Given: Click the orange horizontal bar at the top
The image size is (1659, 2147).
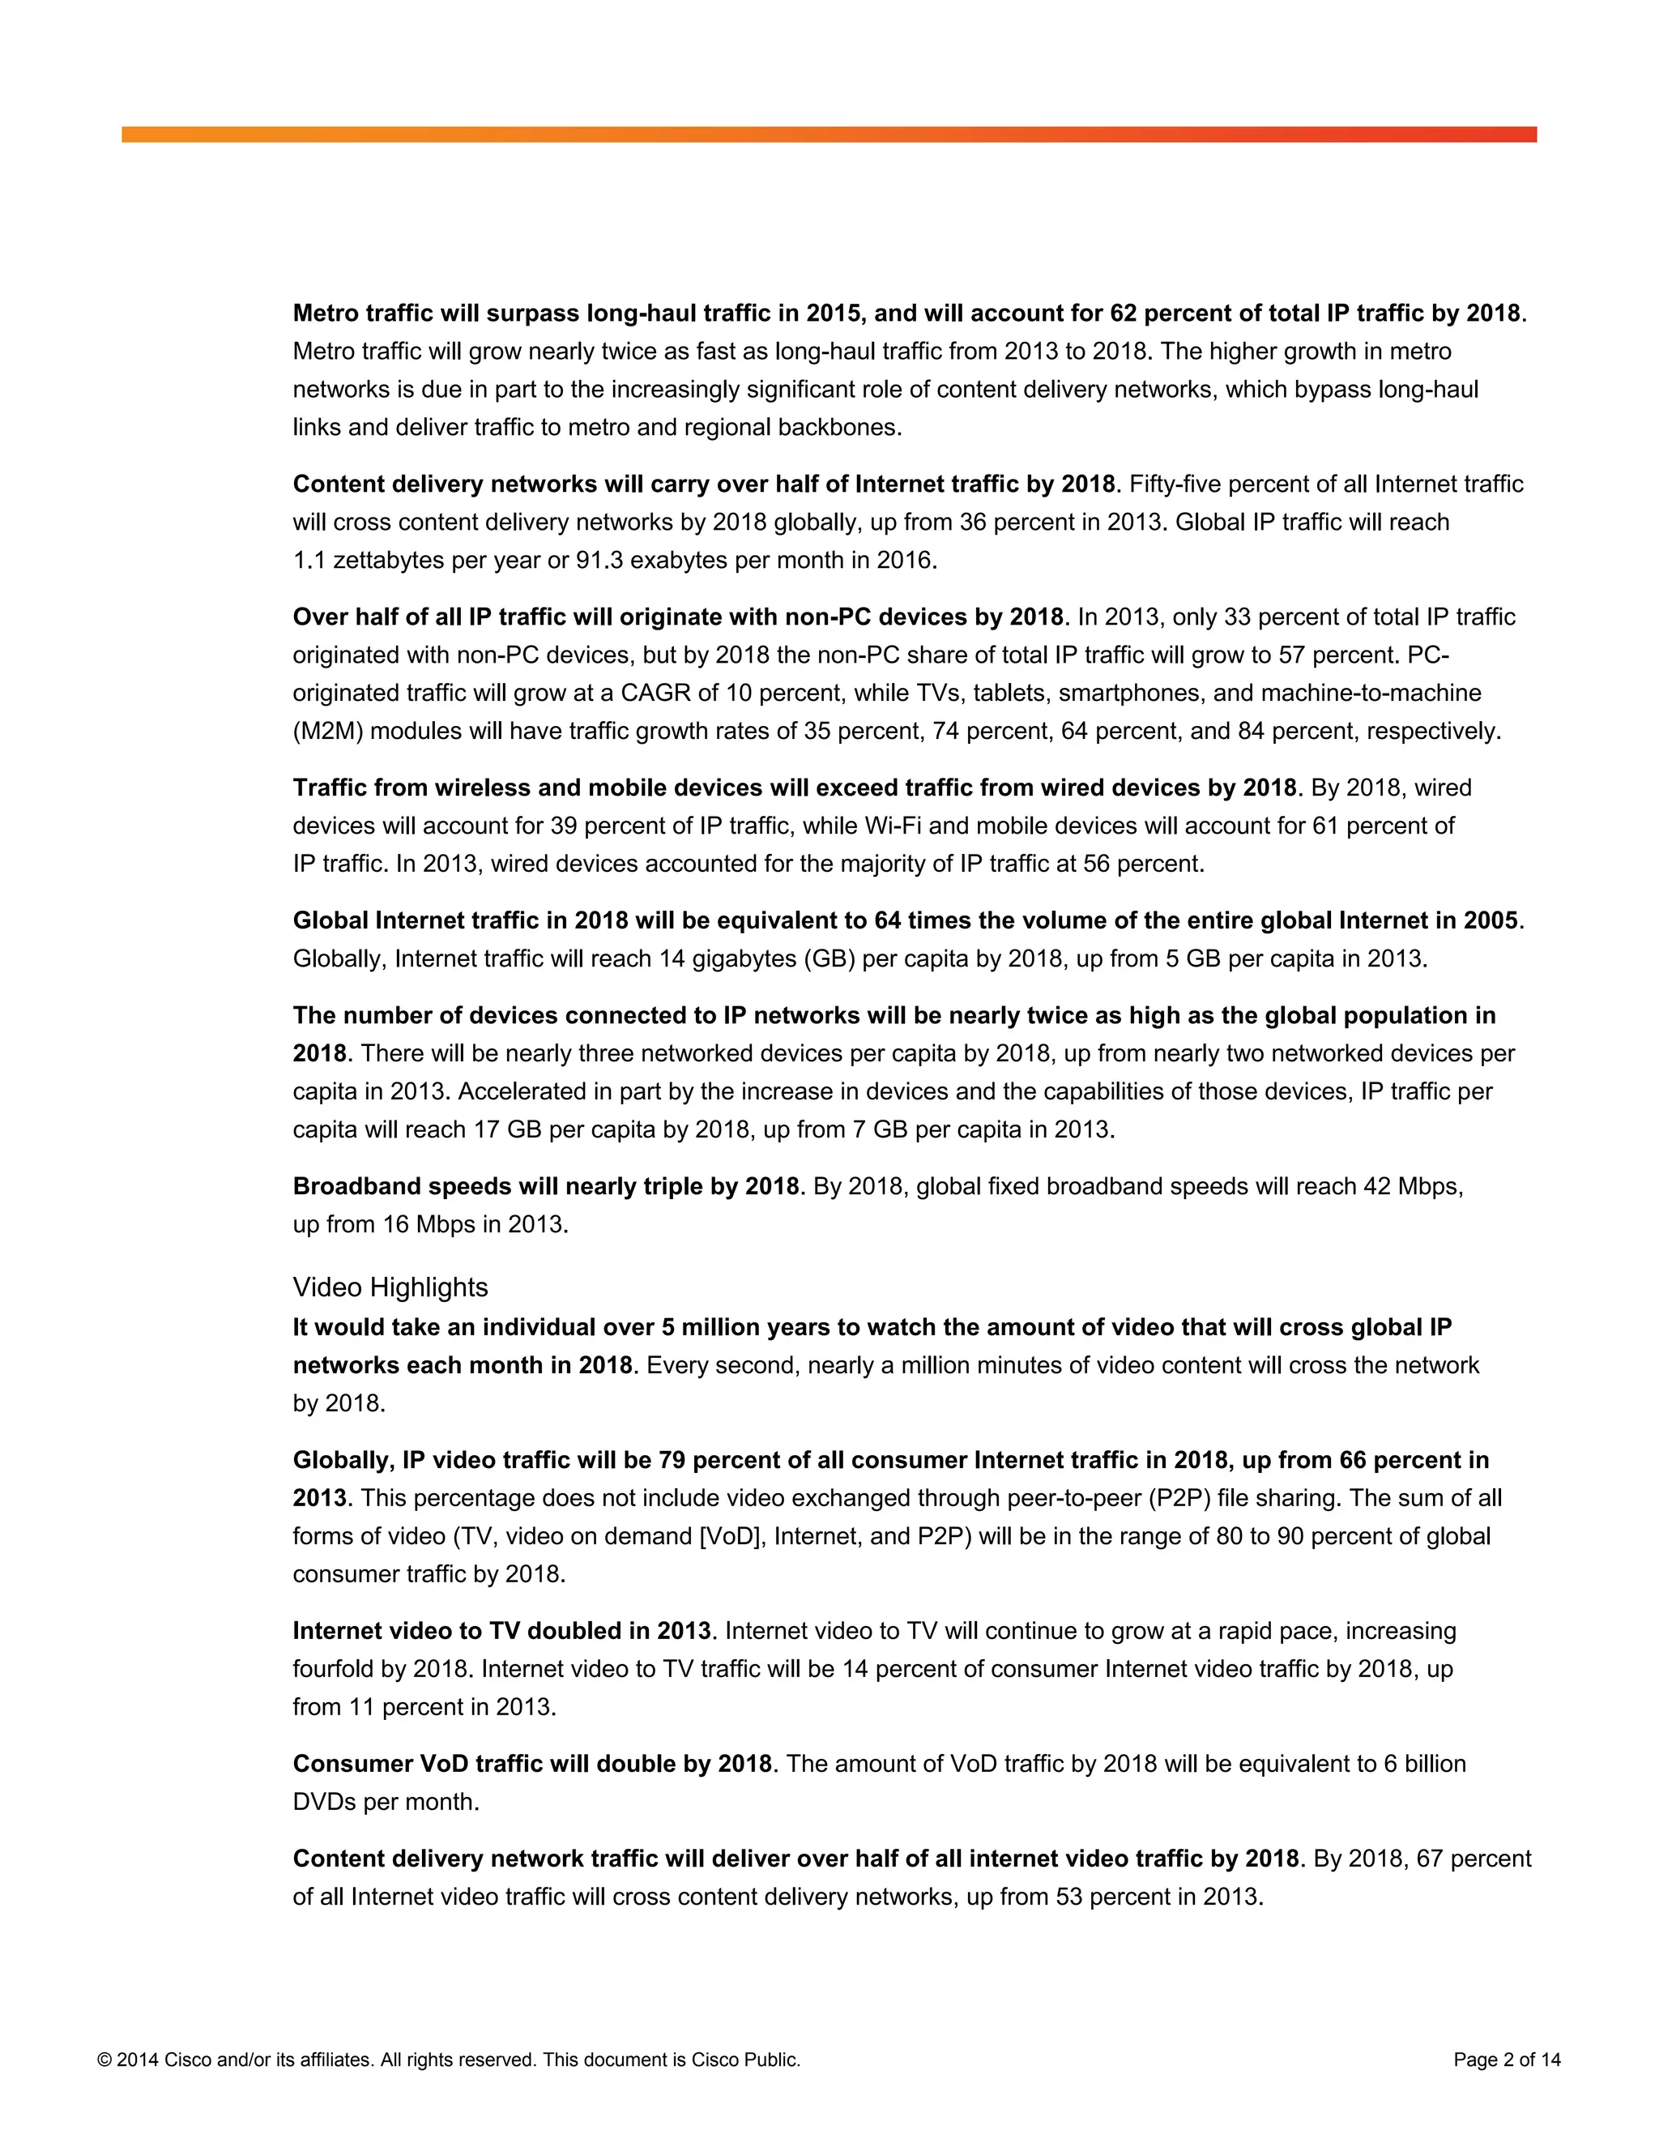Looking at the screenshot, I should tap(829, 134).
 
